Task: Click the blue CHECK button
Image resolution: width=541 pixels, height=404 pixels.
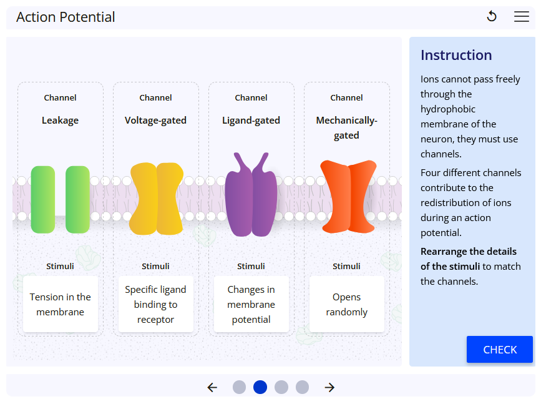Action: tap(499, 350)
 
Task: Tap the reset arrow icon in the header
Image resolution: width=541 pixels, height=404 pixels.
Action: tap(492, 17)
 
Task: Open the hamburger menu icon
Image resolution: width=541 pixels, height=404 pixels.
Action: tap(522, 17)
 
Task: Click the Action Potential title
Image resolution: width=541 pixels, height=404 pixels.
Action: tap(66, 17)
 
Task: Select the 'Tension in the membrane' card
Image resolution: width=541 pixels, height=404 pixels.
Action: tap(61, 305)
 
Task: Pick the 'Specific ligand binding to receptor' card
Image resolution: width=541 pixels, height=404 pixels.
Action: tap(155, 305)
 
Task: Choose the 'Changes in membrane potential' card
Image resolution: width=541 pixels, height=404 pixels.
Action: tap(251, 305)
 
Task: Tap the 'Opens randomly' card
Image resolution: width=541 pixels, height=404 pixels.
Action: tap(346, 305)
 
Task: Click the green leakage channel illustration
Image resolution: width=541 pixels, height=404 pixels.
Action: tap(61, 200)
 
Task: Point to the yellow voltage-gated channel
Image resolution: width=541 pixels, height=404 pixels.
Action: tap(156, 199)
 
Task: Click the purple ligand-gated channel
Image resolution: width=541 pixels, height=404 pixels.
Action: tap(251, 197)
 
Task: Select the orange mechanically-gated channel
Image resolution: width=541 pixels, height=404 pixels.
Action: tap(348, 195)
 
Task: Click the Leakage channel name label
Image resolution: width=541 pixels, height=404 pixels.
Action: tap(61, 121)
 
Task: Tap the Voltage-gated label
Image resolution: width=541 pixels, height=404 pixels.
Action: tap(155, 121)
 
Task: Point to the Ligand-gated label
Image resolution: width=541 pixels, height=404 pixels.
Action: tap(251, 121)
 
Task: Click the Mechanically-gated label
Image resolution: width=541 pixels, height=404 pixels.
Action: tap(346, 127)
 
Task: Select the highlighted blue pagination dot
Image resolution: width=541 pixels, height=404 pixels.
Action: tap(260, 387)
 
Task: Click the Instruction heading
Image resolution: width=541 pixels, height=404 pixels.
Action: tap(456, 55)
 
